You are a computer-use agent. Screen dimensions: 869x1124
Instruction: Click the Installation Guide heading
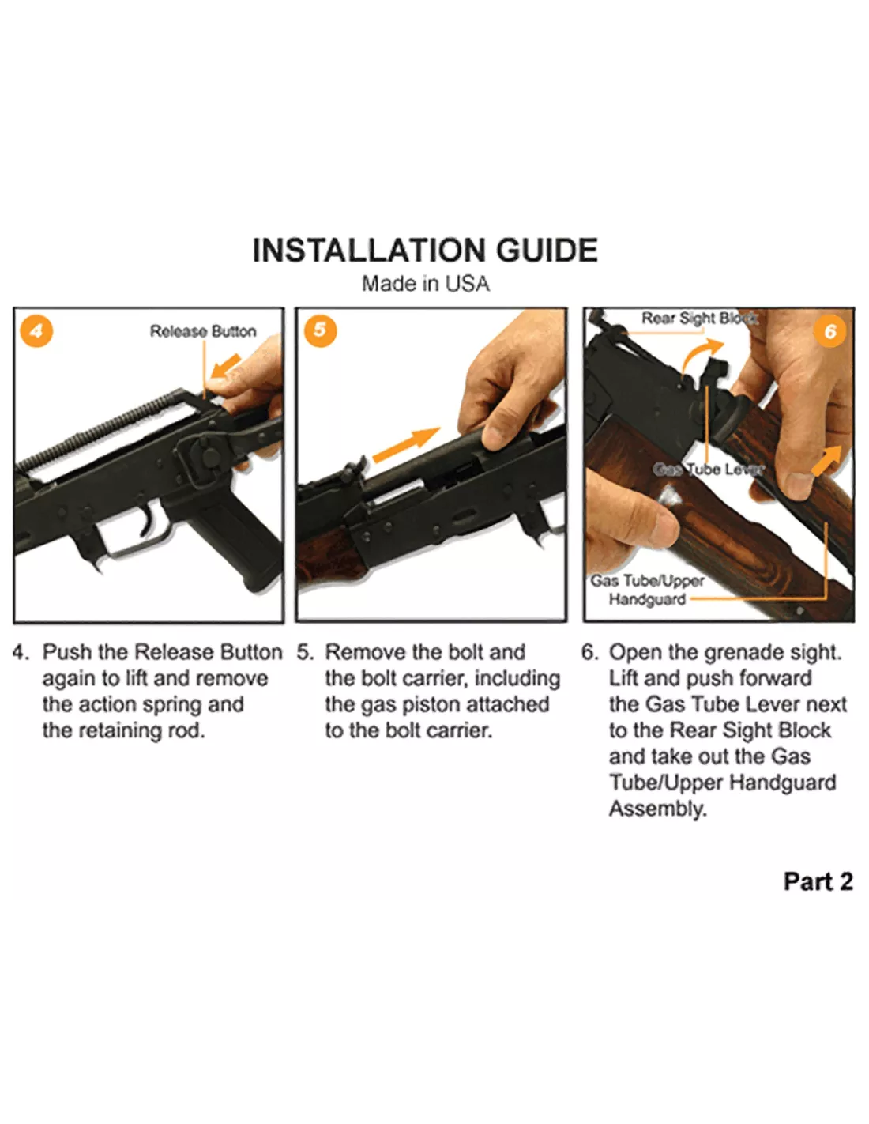point(425,251)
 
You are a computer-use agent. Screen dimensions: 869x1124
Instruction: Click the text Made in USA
point(426,284)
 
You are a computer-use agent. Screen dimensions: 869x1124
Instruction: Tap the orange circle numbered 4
point(36,330)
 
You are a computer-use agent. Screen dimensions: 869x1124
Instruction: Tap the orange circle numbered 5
point(320,330)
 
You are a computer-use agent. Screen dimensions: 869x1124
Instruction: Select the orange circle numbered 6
point(829,331)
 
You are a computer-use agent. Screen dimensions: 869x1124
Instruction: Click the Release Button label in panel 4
point(203,331)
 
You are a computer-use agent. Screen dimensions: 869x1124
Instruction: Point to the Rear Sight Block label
point(700,319)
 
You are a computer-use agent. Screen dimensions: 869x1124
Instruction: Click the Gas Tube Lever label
point(708,470)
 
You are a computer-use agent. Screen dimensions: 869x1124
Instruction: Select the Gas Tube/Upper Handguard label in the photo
point(647,590)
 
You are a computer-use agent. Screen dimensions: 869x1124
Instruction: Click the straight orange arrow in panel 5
point(406,444)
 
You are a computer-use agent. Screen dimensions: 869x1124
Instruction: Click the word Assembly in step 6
point(657,809)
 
